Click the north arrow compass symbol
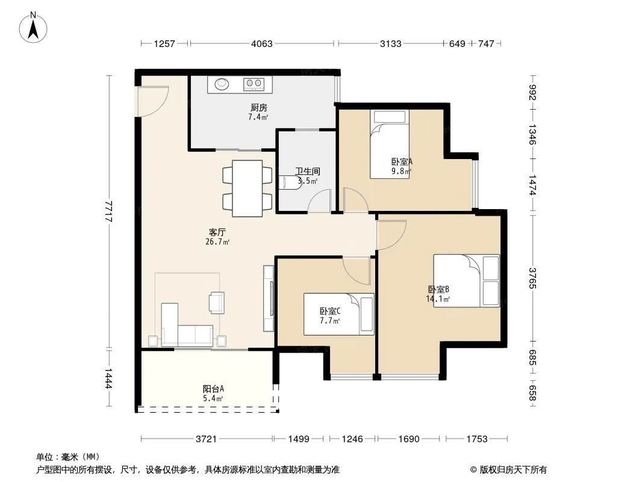[33, 28]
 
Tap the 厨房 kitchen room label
[259, 108]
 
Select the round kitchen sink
[222, 84]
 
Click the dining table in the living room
[248, 189]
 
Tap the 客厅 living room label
[217, 232]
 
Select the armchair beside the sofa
[217, 302]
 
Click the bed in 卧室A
[390, 144]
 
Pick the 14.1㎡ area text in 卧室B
[438, 299]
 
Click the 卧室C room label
[330, 311]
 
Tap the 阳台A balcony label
[213, 389]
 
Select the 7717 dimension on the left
[108, 211]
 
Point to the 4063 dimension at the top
[261, 43]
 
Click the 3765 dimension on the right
[532, 278]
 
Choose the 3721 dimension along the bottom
[206, 439]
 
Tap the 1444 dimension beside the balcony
[108, 378]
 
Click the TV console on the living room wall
[269, 298]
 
